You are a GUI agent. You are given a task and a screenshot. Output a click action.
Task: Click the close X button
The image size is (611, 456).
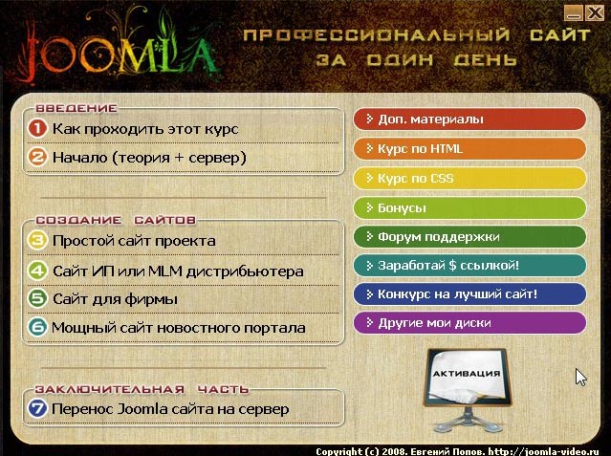point(595,12)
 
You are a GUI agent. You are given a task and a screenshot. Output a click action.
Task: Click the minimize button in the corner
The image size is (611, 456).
point(574,13)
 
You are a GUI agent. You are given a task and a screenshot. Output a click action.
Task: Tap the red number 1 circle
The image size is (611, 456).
point(37,128)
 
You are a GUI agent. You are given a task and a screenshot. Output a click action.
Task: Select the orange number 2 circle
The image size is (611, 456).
point(37,157)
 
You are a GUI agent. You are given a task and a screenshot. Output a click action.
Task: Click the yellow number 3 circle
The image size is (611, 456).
point(37,240)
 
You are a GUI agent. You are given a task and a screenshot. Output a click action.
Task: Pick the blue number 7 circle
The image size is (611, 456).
point(37,408)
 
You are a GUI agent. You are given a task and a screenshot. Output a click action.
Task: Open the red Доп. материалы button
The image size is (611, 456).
point(469,119)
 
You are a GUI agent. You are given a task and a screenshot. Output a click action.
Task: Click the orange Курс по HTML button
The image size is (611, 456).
point(469,149)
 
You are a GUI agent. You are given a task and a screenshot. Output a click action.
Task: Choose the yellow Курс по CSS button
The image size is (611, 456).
point(469,179)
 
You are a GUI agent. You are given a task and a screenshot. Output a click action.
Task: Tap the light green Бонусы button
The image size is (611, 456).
point(469,207)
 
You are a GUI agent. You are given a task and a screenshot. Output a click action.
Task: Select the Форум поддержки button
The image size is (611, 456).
point(469,236)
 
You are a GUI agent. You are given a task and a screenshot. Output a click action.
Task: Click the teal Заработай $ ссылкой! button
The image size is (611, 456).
point(469,266)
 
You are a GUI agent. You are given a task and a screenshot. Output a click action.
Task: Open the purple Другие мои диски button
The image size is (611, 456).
point(469,323)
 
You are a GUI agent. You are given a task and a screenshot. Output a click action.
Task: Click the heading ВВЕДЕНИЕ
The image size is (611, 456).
point(76,108)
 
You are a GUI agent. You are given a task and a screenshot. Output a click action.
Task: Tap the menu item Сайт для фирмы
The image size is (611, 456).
point(115,299)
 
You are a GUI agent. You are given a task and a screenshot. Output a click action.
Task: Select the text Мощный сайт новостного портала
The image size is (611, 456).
point(179,328)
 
